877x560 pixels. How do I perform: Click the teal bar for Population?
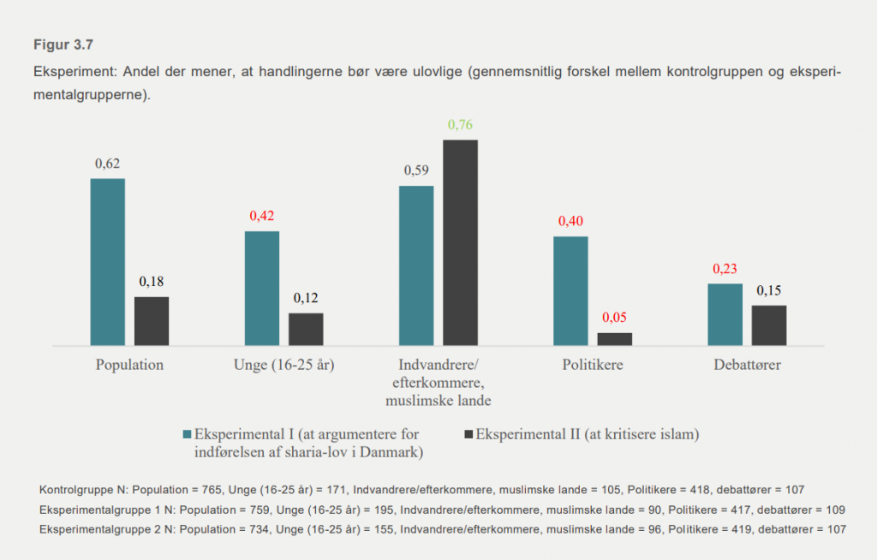(x=108, y=262)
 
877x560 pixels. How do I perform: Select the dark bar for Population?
(x=152, y=321)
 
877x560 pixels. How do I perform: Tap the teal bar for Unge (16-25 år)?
(x=262, y=289)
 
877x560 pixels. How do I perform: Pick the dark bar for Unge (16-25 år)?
(x=306, y=330)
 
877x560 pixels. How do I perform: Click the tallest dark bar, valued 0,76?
(x=460, y=242)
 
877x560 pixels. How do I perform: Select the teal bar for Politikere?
(x=570, y=291)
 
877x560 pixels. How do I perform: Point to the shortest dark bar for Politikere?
(x=614, y=339)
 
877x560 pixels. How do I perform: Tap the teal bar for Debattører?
(x=725, y=314)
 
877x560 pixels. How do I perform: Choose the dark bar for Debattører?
(x=768, y=325)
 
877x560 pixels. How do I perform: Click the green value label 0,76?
(x=460, y=125)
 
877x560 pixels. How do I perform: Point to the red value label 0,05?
(x=614, y=318)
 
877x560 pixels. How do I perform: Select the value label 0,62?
(x=108, y=164)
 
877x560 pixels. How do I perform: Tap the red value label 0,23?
(x=725, y=269)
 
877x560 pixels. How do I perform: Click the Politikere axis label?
(x=593, y=365)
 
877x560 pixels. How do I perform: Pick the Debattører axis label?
(x=747, y=365)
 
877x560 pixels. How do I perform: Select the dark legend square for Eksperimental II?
(x=468, y=434)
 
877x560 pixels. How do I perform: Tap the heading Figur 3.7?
(x=63, y=45)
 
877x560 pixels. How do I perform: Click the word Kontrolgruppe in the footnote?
(x=74, y=490)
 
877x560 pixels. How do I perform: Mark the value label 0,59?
(x=416, y=170)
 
